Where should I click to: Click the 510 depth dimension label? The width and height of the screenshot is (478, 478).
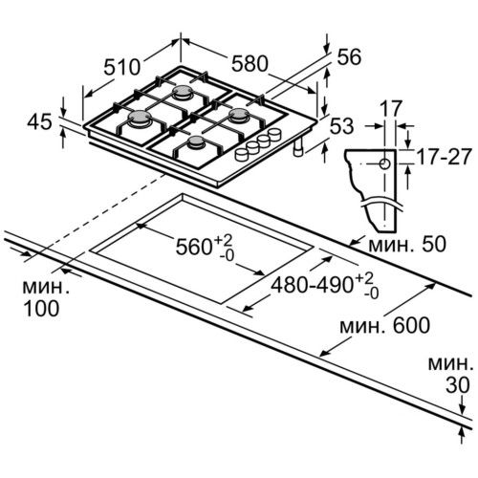[122, 67]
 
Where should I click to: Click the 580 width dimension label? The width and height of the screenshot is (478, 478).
[250, 63]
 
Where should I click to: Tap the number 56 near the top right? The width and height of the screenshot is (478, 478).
[349, 57]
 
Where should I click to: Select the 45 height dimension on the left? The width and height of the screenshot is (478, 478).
[39, 122]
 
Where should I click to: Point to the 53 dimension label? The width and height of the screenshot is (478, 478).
[341, 125]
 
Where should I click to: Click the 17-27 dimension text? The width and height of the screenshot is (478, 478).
[444, 157]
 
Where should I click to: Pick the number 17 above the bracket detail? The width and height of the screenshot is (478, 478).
[391, 109]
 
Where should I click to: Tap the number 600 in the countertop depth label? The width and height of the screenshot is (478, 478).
[411, 325]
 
